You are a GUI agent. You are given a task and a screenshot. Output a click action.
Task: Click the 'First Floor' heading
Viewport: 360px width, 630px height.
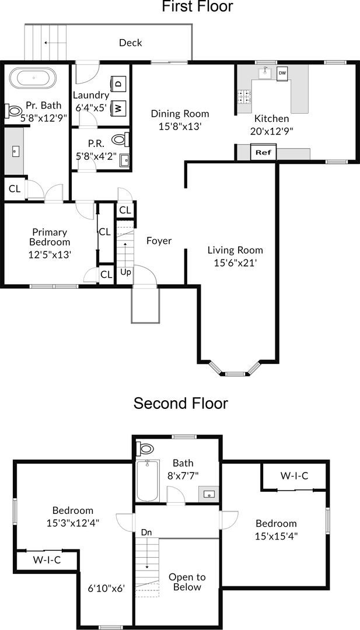[x=189, y=7]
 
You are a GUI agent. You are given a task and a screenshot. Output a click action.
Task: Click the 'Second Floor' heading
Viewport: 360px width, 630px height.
[x=181, y=403]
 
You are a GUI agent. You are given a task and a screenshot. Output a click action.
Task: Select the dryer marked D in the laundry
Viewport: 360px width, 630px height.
[x=118, y=84]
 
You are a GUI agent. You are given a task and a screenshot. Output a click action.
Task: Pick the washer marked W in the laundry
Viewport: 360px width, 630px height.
[x=118, y=107]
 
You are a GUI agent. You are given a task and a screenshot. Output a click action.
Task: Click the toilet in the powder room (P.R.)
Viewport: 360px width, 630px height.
[x=119, y=139]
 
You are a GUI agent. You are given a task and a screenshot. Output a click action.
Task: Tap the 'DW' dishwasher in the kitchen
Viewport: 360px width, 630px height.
[x=282, y=73]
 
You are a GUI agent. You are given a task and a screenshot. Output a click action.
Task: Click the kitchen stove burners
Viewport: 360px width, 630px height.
[x=244, y=96]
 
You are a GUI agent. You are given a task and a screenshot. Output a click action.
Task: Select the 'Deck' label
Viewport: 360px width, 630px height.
[x=130, y=43]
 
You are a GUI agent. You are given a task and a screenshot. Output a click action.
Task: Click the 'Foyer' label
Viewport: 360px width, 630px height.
[x=159, y=240]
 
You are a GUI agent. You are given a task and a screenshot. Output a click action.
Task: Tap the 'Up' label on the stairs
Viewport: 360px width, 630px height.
[x=125, y=272]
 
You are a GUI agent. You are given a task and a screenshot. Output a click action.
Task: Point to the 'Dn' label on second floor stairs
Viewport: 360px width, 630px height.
[x=147, y=532]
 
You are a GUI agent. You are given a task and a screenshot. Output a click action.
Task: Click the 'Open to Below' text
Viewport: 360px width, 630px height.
[x=187, y=582]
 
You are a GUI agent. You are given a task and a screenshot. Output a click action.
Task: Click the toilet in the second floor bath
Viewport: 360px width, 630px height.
[x=145, y=449]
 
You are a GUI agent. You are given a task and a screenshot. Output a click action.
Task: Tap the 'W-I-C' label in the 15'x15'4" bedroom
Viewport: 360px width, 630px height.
[x=294, y=476]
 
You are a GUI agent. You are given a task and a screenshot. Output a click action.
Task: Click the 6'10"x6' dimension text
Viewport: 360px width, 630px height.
[x=106, y=589]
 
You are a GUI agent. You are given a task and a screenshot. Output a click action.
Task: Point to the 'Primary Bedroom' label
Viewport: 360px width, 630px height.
[x=50, y=237]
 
